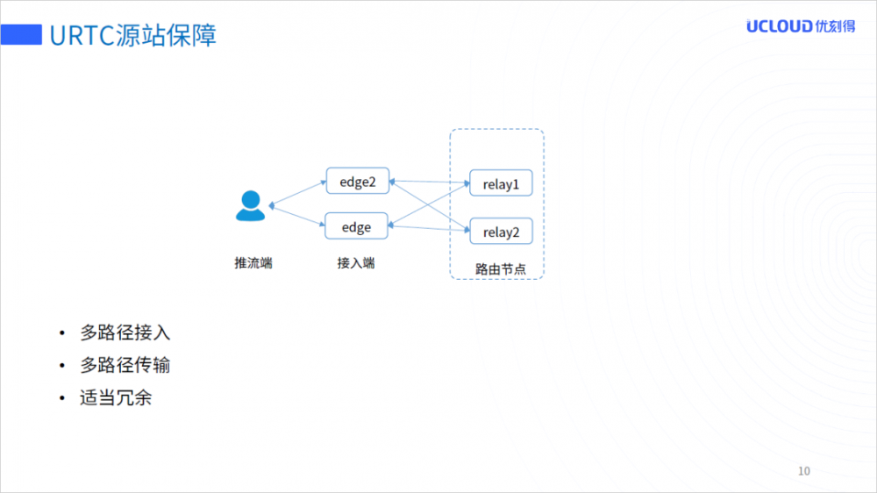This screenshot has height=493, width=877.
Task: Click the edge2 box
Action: click(x=357, y=182)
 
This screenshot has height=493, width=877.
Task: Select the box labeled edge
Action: click(x=357, y=227)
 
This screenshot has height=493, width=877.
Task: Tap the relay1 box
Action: click(x=501, y=184)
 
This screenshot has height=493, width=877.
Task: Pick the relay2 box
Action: click(x=501, y=232)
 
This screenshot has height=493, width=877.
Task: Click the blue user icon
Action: click(x=250, y=206)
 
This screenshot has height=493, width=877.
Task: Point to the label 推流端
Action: click(x=253, y=262)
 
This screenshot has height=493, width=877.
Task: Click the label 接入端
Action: click(x=356, y=262)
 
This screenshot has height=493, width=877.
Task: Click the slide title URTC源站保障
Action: click(x=132, y=36)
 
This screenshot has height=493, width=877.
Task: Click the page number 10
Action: click(x=803, y=471)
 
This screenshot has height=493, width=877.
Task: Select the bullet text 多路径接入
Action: click(x=125, y=332)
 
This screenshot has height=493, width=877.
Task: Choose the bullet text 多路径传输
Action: click(x=125, y=365)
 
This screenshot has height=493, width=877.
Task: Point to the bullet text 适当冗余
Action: click(x=116, y=397)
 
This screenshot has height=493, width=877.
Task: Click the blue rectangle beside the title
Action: click(x=21, y=35)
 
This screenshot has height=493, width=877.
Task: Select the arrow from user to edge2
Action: click(x=298, y=194)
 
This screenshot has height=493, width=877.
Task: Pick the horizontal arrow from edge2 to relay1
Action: click(x=429, y=183)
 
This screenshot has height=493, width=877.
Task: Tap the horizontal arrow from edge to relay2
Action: click(x=429, y=227)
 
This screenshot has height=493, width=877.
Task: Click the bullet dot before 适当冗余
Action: click(x=62, y=398)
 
